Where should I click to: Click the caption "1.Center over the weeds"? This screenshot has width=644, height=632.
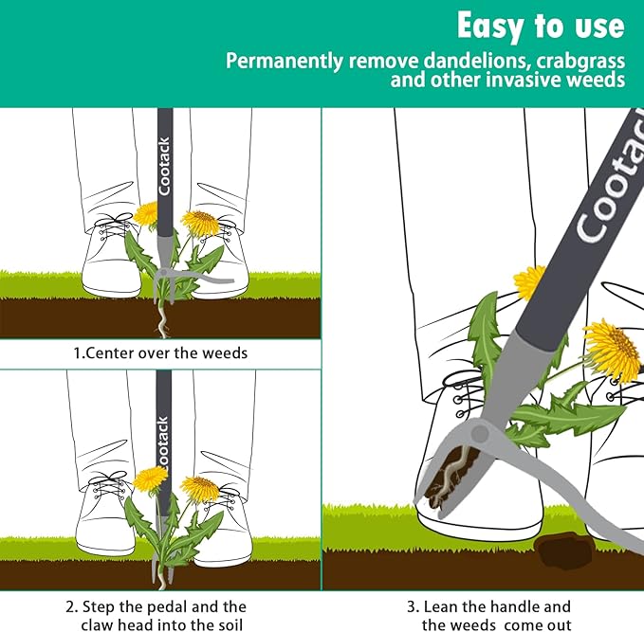(x=160, y=352)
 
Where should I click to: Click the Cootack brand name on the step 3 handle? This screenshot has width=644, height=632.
(x=606, y=198)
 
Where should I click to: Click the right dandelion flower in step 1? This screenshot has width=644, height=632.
(x=201, y=224)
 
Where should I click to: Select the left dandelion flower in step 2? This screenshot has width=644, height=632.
(x=149, y=479)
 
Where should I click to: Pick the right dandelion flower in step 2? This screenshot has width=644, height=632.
(x=200, y=489)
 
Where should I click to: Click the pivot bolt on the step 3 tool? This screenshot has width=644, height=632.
(x=481, y=434)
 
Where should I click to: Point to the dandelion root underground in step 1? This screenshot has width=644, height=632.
(x=163, y=319)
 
